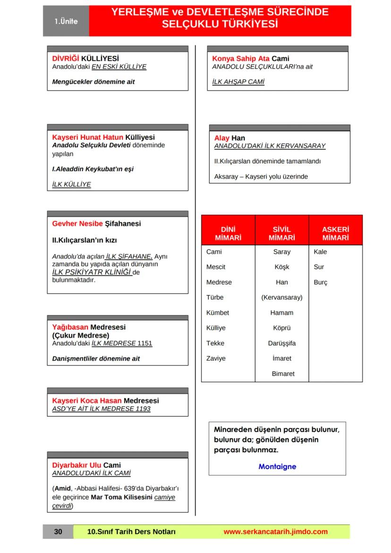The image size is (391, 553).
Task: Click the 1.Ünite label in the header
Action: pos(66,21)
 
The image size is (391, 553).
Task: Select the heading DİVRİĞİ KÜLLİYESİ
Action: pos(85,59)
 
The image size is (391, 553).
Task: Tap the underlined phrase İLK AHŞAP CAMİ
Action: pos(238,82)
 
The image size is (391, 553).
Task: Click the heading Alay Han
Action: pos(229,138)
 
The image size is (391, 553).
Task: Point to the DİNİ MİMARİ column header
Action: pos(228,234)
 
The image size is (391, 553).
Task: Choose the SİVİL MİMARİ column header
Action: pos(282,234)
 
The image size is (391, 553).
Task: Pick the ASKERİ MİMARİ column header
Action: pos(335,234)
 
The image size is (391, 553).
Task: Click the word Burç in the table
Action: pos(320,282)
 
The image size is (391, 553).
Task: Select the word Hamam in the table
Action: pos(282,313)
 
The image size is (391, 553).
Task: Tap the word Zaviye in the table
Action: pos(216,358)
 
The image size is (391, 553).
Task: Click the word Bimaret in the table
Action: pos(283,374)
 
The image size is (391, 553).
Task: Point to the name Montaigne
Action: pos(277,467)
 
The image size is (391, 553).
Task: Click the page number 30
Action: pos(58,532)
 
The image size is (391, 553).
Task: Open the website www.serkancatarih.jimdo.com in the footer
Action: pos(275,532)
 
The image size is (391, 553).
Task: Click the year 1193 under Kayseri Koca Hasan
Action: pos(141,408)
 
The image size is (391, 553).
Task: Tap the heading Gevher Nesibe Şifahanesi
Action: pos(96,223)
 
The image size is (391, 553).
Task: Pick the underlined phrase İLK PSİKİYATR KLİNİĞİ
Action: pos(92,272)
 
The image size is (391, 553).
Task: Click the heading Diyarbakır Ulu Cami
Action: pos(86,465)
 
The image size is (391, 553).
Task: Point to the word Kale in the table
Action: pos(320,252)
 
